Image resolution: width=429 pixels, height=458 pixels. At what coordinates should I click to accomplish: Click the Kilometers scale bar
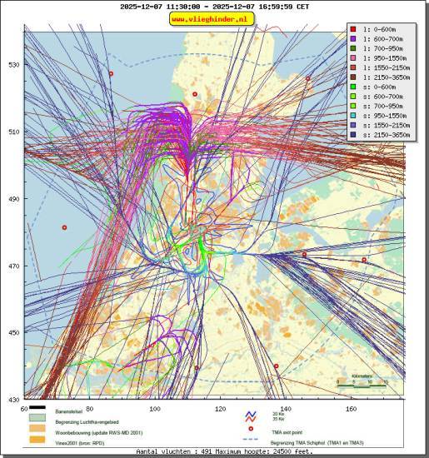[x=362, y=384]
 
